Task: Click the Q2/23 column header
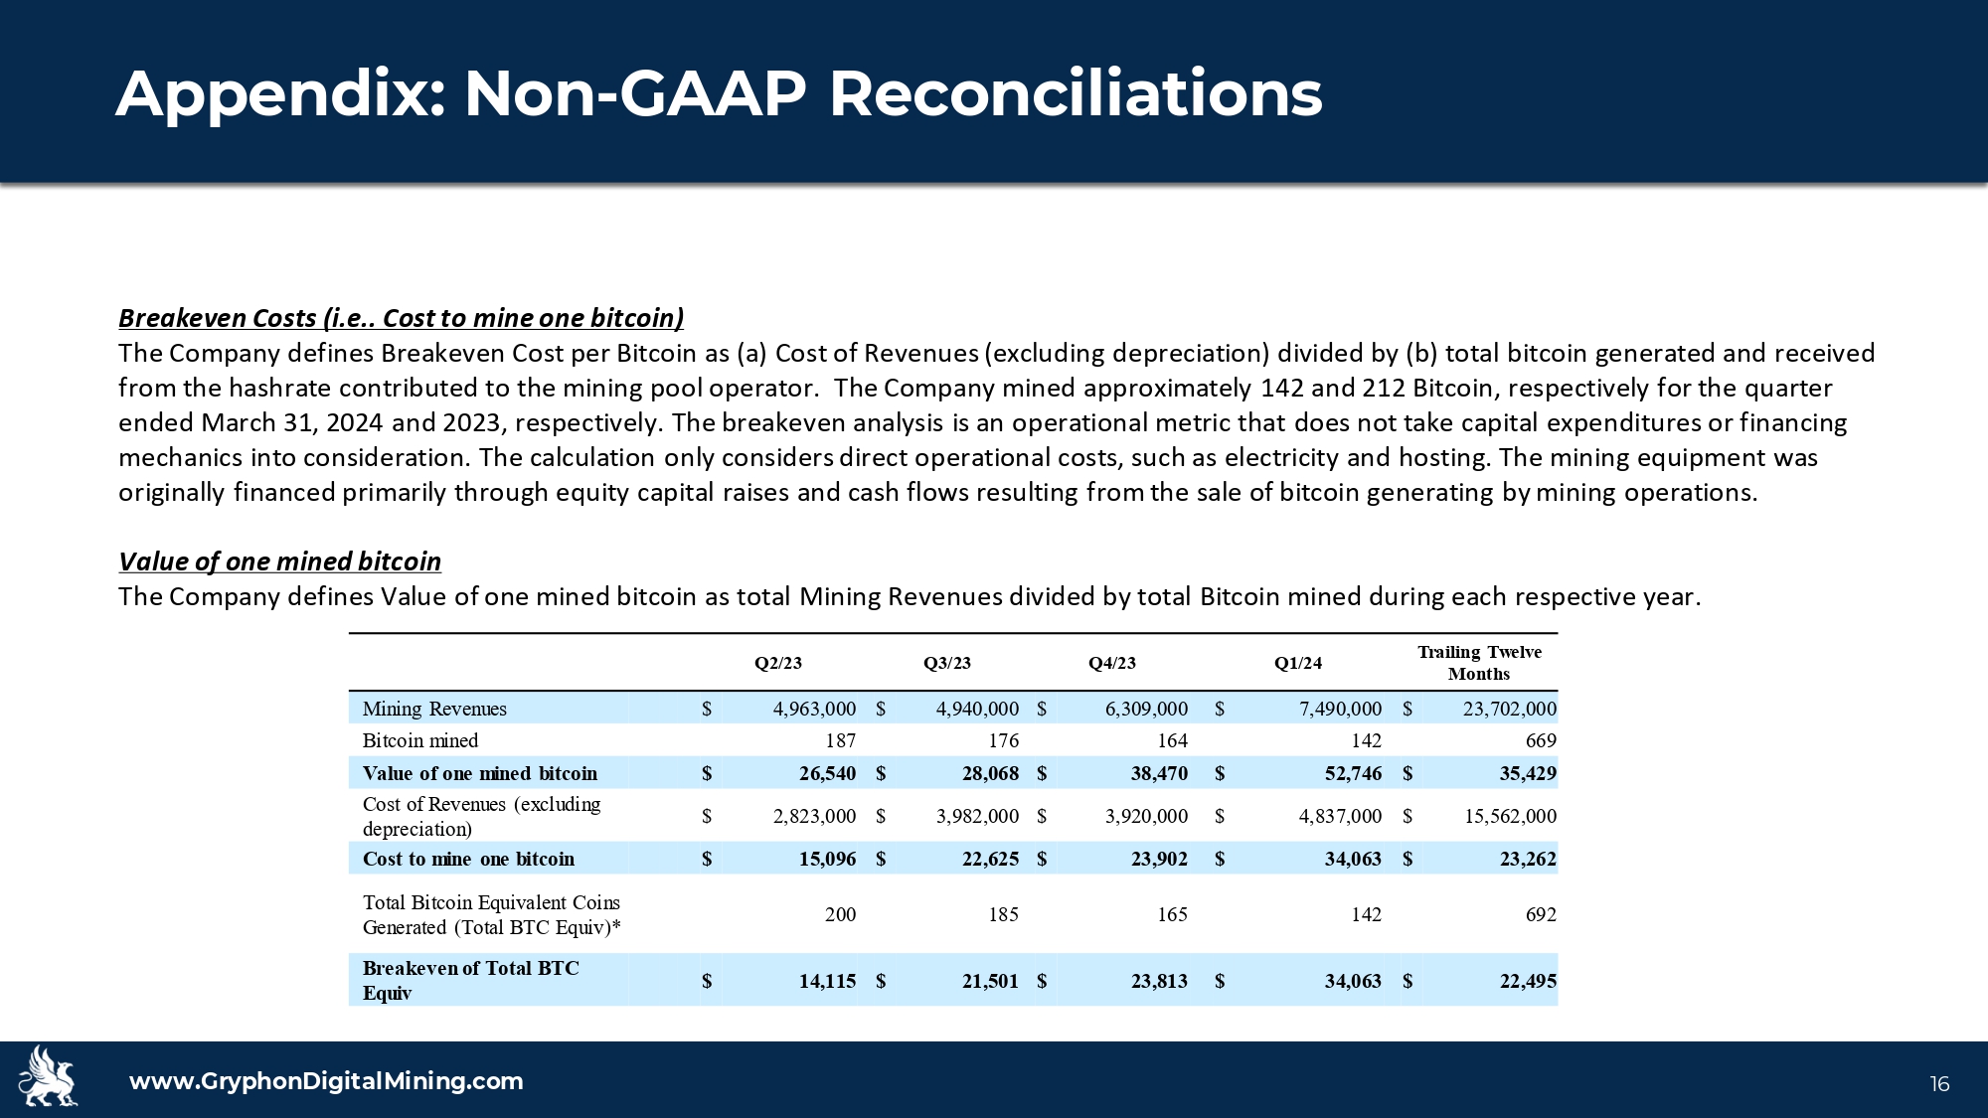(777, 664)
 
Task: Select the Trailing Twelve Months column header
(1478, 663)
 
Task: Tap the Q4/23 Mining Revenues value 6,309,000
(1146, 709)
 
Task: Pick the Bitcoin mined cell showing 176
(1003, 740)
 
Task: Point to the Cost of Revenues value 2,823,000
(814, 816)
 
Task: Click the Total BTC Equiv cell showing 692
(1540, 914)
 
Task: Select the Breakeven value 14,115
(827, 981)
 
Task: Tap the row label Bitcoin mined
(420, 740)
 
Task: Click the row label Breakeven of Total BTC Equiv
(470, 980)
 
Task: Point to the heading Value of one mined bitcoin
(279, 561)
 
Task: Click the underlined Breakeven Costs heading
(401, 318)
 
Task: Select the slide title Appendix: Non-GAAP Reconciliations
(719, 94)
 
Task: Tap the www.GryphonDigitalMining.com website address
(326, 1081)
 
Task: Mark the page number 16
(1939, 1084)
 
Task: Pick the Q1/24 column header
(1298, 664)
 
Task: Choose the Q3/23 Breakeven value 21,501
(990, 981)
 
